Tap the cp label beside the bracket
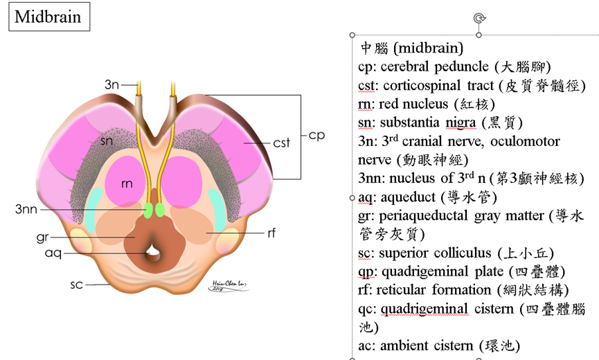(316, 135)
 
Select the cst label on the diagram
(281, 143)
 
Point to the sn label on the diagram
(106, 141)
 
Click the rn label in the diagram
(127, 183)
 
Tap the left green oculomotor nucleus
(148, 208)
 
